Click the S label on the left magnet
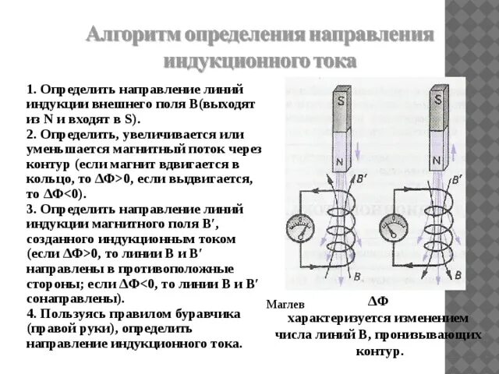pyautogui.click(x=341, y=102)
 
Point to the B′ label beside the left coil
pyautogui.click(x=361, y=178)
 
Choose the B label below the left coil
pyautogui.click(x=358, y=277)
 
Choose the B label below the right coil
pyautogui.click(x=458, y=274)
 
